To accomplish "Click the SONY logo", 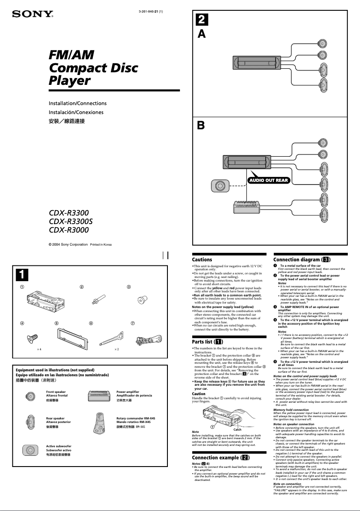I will (x=32, y=14).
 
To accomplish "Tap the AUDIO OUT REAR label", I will (x=269, y=180).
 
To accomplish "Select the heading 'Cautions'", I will (x=202, y=260).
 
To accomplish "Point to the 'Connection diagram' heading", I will (x=302, y=260).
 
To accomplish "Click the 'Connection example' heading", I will (x=220, y=458).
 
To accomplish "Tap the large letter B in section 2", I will (x=202, y=126).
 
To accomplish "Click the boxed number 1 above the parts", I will (x=21, y=273).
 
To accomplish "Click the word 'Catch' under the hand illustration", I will (x=237, y=430).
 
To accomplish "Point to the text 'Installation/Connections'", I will (x=78, y=103).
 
